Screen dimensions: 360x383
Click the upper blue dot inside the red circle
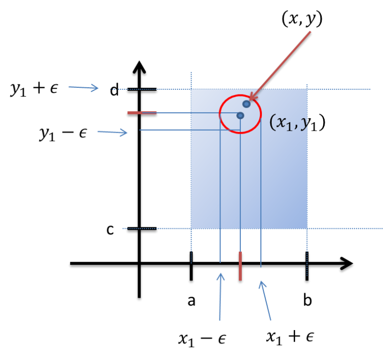tap(246, 104)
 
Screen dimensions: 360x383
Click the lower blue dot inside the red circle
tap(240, 116)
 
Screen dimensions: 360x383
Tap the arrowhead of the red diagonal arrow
tap(251, 98)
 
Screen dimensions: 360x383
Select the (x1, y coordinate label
tap(288, 123)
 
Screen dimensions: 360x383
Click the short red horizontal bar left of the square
tap(142, 113)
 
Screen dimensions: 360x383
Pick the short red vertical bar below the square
tap(240, 266)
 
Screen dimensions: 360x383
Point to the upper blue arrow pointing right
tap(84, 88)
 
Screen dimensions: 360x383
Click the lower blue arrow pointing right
tap(113, 132)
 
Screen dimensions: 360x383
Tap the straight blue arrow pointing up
tap(220, 296)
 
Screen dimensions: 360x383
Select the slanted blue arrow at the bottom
tap(265, 300)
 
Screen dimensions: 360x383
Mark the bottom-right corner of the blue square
tap(307, 228)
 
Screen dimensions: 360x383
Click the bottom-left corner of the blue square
tap(191, 228)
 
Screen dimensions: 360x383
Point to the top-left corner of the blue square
tap(191, 90)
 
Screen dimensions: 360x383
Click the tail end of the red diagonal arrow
tap(310, 32)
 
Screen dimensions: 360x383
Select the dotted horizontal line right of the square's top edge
tap(339, 90)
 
